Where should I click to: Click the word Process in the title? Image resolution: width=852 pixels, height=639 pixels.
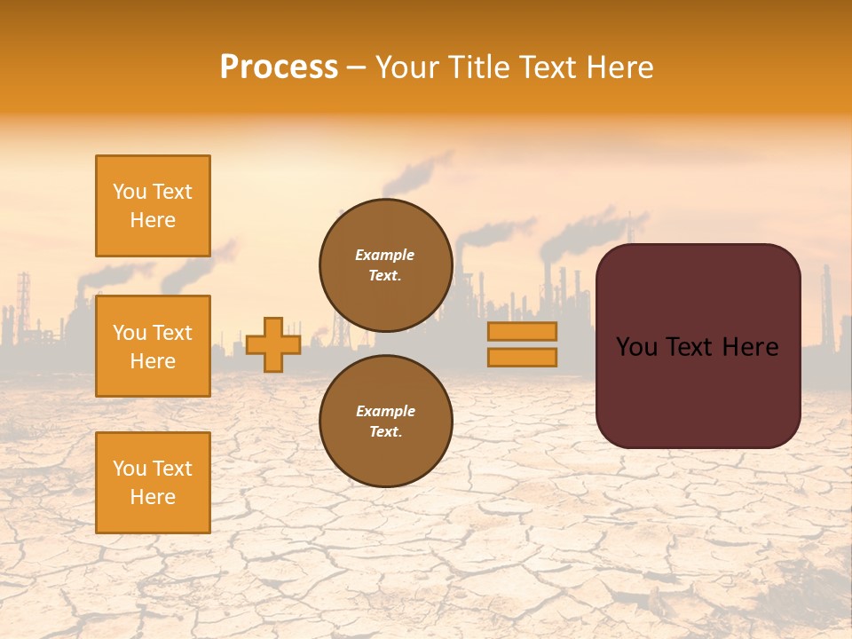pyautogui.click(x=279, y=67)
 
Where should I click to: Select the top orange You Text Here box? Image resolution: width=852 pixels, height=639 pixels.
pyautogui.click(x=153, y=206)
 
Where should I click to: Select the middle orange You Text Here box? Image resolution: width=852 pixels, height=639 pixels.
pyautogui.click(x=153, y=346)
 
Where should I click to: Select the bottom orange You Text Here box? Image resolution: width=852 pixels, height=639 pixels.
pyautogui.click(x=153, y=483)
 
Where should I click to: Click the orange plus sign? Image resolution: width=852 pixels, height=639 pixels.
pyautogui.click(x=273, y=344)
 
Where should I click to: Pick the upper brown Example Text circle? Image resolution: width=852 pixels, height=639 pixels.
pyautogui.click(x=386, y=265)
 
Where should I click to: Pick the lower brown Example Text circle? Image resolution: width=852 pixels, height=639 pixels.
pyautogui.click(x=386, y=422)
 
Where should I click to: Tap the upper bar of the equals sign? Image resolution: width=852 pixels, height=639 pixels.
pyautogui.click(x=522, y=332)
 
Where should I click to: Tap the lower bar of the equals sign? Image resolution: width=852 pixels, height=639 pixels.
pyautogui.click(x=522, y=358)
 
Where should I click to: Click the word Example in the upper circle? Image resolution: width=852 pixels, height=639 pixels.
pyautogui.click(x=385, y=256)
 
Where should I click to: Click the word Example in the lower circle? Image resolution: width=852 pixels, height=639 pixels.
pyautogui.click(x=385, y=412)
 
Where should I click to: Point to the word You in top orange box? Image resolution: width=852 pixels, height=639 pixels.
pyautogui.click(x=129, y=192)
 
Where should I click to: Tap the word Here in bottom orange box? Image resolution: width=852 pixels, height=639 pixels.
pyautogui.click(x=153, y=497)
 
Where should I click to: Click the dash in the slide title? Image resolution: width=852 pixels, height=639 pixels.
pyautogui.click(x=357, y=67)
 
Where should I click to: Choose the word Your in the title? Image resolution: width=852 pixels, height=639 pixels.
pyautogui.click(x=407, y=67)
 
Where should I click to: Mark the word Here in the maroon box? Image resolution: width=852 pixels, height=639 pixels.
pyautogui.click(x=751, y=347)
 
